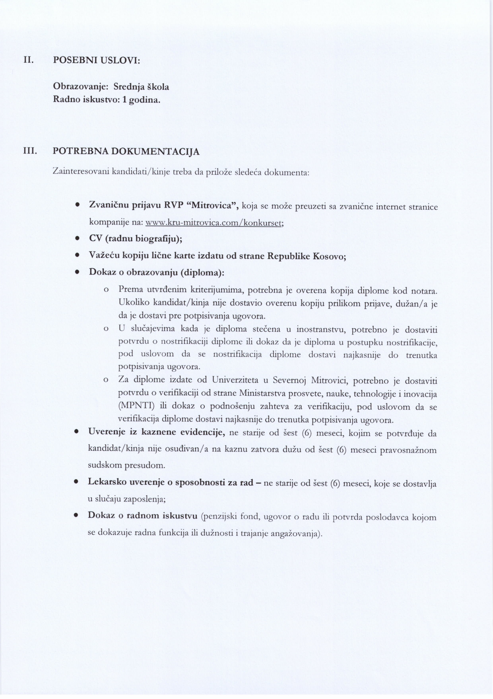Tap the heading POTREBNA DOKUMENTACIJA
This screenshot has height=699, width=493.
tap(126, 151)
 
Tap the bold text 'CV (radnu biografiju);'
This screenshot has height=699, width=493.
tap(135, 239)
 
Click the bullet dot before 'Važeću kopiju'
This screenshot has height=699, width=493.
tap(76, 256)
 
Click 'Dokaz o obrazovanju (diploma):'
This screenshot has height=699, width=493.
tap(156, 273)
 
